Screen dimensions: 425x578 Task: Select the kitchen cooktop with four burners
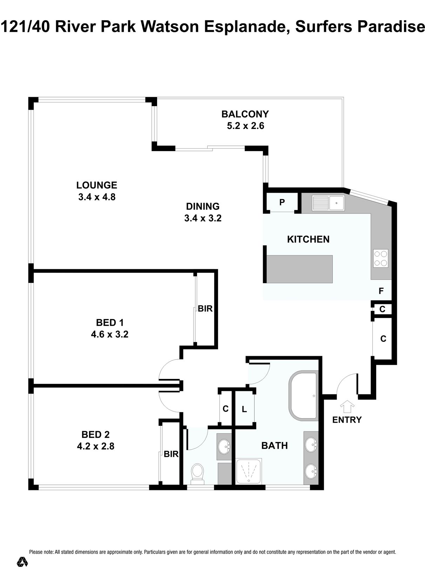point(381,258)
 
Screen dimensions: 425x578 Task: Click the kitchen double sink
point(328,203)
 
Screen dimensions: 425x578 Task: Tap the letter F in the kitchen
point(381,291)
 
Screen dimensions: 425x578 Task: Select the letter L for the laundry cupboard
point(244,409)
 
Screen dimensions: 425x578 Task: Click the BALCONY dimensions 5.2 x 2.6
point(245,126)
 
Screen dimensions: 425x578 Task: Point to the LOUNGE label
point(96,185)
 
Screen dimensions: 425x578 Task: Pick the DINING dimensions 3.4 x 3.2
point(203,218)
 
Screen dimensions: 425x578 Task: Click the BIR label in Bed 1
point(205,308)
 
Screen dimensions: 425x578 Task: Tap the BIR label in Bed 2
point(171,454)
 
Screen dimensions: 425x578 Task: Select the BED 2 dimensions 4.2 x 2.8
point(95,446)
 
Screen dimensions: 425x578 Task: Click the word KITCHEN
point(308,239)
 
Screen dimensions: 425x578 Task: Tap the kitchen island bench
point(299,269)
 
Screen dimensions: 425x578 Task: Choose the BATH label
point(275,446)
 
